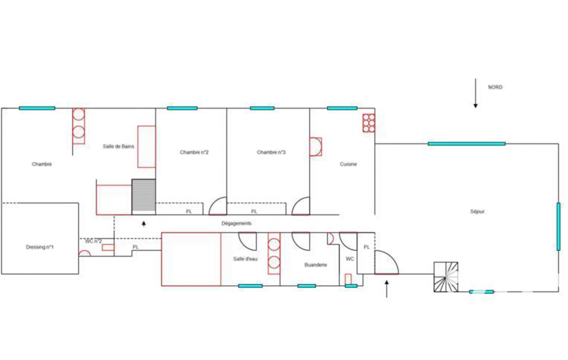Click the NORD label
(495, 88)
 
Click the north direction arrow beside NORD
(475, 93)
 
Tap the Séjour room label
(477, 212)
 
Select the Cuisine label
(348, 164)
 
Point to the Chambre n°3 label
(271, 152)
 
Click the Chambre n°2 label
(194, 152)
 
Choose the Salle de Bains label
(119, 146)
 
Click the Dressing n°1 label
(40, 247)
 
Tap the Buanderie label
(315, 265)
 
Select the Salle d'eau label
(245, 259)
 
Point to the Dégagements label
(236, 223)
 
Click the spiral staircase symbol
(446, 277)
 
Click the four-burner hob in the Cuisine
(369, 123)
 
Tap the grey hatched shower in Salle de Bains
(144, 197)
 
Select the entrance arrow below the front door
(386, 289)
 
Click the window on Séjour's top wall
(467, 144)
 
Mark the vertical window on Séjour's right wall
(558, 227)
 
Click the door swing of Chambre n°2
(218, 205)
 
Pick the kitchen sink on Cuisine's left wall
(315, 147)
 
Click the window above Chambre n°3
(262, 108)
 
